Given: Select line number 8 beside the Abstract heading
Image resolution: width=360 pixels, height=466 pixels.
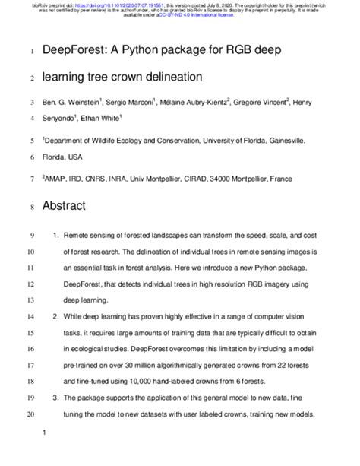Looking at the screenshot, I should click(30, 206).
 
